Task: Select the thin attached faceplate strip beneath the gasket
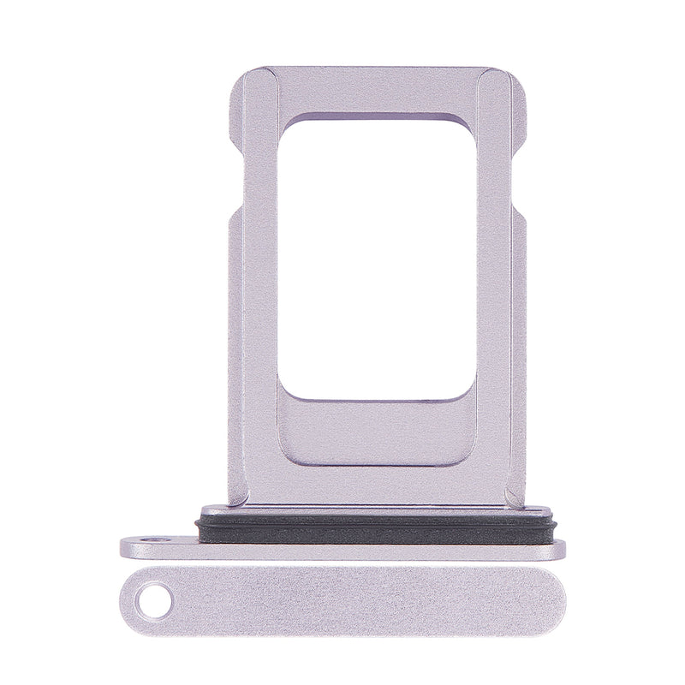[x=342, y=548]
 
